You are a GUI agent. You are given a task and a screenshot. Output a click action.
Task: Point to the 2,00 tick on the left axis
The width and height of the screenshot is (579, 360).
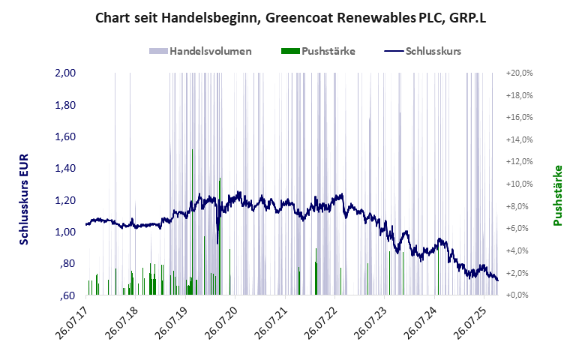click(67, 73)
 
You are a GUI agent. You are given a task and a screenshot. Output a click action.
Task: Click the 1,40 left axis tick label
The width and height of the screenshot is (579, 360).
click(67, 169)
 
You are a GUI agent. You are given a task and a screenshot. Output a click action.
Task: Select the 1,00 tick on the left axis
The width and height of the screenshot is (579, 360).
click(67, 232)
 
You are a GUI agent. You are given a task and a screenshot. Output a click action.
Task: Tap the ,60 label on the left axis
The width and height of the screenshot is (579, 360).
click(68, 295)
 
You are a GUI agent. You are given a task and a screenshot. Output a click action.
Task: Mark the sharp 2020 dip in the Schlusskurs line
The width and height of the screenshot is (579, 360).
click(217, 241)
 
